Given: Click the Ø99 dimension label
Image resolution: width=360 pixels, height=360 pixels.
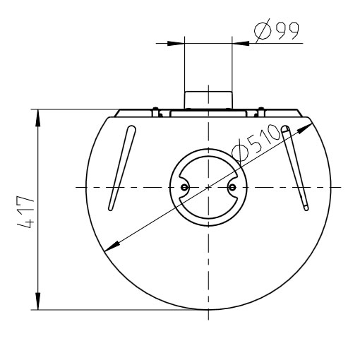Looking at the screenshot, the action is point(277,30).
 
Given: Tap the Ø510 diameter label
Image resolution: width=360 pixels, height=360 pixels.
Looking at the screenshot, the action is point(256,144).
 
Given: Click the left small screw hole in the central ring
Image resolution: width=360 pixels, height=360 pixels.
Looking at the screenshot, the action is point(184,187).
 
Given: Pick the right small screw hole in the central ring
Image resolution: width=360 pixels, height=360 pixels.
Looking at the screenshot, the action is point(232,187).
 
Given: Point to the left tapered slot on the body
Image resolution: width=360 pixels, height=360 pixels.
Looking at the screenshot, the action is point(122,168).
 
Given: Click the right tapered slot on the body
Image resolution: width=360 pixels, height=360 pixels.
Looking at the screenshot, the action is point(295,168).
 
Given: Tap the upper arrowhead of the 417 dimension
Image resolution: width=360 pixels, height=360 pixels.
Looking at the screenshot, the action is point(38,118).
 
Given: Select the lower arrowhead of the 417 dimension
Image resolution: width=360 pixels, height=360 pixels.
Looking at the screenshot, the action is point(38,301).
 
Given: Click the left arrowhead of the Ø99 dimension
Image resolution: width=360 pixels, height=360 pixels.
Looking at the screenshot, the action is point(176,44).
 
